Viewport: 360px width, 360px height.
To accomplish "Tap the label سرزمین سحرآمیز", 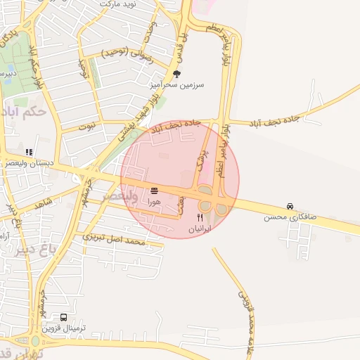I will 176,84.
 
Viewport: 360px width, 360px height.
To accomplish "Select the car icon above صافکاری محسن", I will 290,206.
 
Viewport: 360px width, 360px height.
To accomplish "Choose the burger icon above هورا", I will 154,191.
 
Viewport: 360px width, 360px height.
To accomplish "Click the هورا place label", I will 153,202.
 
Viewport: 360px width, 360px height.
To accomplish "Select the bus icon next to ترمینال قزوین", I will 65,318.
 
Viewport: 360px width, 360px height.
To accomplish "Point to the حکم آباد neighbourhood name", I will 24,110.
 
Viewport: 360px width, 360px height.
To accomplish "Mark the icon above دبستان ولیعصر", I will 28,152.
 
